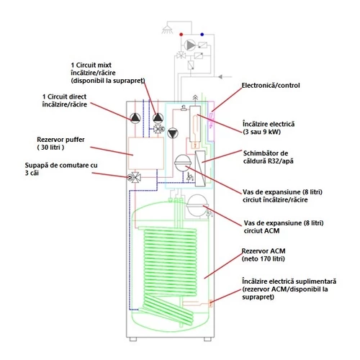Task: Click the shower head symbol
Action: coord(168,29)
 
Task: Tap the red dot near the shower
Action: coord(181,35)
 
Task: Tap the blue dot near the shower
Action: coord(202,35)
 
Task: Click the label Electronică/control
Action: coord(271,86)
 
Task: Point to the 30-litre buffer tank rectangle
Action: coord(146,153)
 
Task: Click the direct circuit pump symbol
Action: coord(135,118)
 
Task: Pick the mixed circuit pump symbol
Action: coord(158,118)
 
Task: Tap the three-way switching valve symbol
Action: coord(135,178)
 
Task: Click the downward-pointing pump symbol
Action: coord(173,133)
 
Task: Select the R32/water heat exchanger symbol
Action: coord(200,168)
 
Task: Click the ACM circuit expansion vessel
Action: coord(197,205)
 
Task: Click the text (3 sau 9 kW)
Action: coord(261,132)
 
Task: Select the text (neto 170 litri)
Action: coord(264,259)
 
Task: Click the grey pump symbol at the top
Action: coord(190,45)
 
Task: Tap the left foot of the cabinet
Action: coord(133,339)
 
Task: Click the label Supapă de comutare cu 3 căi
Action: coord(61,169)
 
